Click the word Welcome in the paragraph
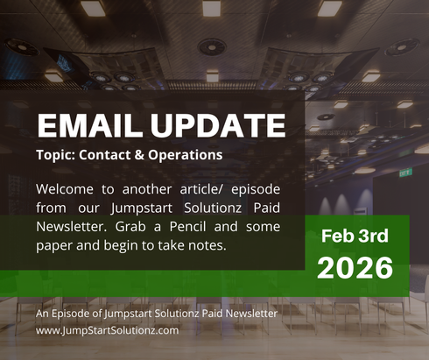(x=67, y=189)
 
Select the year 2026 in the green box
(x=355, y=268)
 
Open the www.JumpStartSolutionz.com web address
(x=107, y=330)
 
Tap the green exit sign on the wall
(x=405, y=173)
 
